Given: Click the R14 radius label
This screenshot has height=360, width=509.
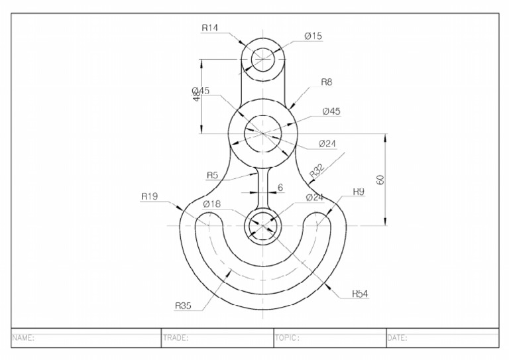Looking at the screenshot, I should point(210,28).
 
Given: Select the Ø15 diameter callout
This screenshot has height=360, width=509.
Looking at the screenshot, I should point(313,36).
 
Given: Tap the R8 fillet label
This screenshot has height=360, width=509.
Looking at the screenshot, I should point(326,82).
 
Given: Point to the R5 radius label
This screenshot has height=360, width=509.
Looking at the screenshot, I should point(212,175).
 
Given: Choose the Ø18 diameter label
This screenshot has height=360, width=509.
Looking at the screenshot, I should point(211,204).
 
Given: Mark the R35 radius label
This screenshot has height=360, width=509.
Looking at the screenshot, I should point(184,306).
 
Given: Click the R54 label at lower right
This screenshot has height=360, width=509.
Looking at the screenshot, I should point(361,293).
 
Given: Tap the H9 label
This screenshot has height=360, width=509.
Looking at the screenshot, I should point(359,192).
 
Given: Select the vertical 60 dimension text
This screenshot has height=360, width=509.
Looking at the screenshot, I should point(380,180).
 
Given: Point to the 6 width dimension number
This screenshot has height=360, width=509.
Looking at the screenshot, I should point(280,188).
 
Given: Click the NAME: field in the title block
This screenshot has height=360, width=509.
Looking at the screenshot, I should point(23,337).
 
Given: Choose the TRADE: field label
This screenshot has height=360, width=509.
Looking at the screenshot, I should point(176,337).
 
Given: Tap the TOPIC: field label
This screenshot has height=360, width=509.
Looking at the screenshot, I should point(288,337).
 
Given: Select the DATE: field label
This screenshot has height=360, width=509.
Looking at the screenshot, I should point(398,337).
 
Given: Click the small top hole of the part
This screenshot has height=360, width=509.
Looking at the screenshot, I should point(263,56).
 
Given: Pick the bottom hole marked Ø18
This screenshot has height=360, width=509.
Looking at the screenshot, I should point(264,225).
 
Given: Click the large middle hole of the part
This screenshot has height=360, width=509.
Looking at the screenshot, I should point(263,133).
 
